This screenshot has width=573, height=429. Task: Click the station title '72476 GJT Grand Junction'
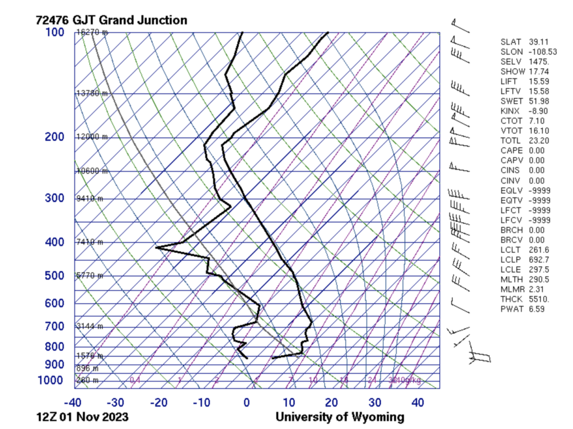[x=111, y=20]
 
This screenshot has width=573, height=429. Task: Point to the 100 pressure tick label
[x=55, y=32]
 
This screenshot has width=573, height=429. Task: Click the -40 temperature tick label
[x=72, y=403]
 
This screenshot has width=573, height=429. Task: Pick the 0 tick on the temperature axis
[x=246, y=403]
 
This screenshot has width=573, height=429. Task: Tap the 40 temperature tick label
[x=417, y=403]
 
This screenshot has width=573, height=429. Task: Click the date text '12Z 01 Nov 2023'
[x=81, y=417]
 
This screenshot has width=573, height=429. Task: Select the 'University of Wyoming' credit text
[x=340, y=417]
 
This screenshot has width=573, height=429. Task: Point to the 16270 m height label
[x=92, y=32]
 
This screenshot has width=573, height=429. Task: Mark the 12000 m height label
[x=92, y=137]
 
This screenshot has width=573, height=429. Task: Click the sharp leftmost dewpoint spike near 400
[x=156, y=247]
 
